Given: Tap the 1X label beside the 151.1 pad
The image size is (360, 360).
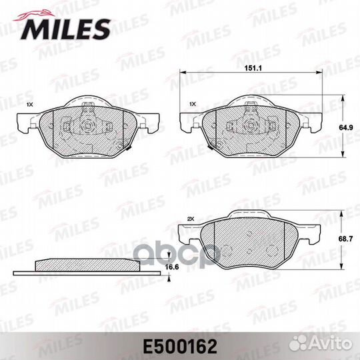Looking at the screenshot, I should coord(193,105).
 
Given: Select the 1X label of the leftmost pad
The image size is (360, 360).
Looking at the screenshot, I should coord(29,105).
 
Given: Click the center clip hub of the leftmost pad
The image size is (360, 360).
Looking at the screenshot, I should coord(88,124).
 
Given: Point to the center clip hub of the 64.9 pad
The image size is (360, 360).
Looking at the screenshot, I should coord(251,124).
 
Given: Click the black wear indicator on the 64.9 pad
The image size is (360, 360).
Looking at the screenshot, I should coord(211,145).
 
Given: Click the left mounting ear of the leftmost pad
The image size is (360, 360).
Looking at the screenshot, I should coord(25,123).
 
